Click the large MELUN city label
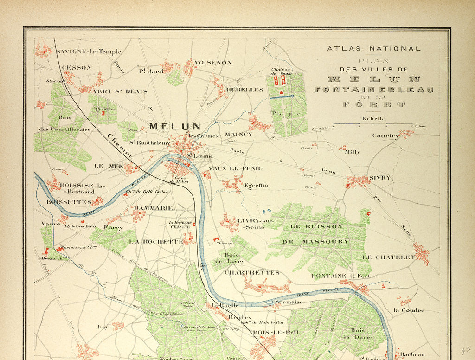click(x=175, y=126)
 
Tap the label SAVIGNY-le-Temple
click(x=88, y=51)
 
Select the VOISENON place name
click(x=213, y=62)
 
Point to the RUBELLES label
click(x=244, y=90)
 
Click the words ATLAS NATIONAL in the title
click(x=374, y=48)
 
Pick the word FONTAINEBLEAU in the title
click(x=374, y=90)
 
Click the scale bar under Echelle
click(x=373, y=124)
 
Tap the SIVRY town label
click(x=380, y=178)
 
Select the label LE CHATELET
click(x=388, y=257)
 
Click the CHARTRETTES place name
click(x=252, y=273)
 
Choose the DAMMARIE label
click(x=153, y=208)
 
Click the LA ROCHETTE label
click(x=155, y=242)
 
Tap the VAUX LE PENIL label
click(x=235, y=168)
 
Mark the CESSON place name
click(x=77, y=67)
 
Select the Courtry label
click(x=385, y=136)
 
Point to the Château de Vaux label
click(x=281, y=71)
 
